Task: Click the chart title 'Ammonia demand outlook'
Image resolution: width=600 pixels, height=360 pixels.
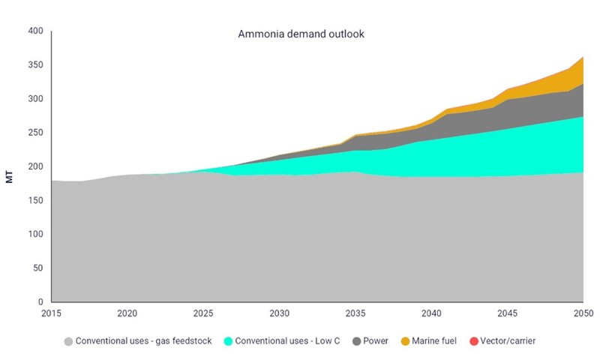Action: pyautogui.click(x=301, y=34)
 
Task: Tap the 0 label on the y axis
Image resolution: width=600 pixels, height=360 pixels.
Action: pyautogui.click(x=42, y=302)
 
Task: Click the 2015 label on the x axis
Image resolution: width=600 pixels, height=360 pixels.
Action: pyautogui.click(x=51, y=313)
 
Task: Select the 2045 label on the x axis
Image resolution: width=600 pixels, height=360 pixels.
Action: pyautogui.click(x=507, y=313)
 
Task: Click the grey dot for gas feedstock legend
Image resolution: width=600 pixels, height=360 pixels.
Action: pyautogui.click(x=69, y=341)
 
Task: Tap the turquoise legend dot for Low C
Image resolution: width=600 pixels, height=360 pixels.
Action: pyautogui.click(x=228, y=341)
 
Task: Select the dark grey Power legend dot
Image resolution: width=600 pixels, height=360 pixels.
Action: pyautogui.click(x=356, y=341)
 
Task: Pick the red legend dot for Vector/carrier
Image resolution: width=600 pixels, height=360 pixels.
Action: pyautogui.click(x=474, y=341)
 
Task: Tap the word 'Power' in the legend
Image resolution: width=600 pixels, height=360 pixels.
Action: pyautogui.click(x=375, y=341)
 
